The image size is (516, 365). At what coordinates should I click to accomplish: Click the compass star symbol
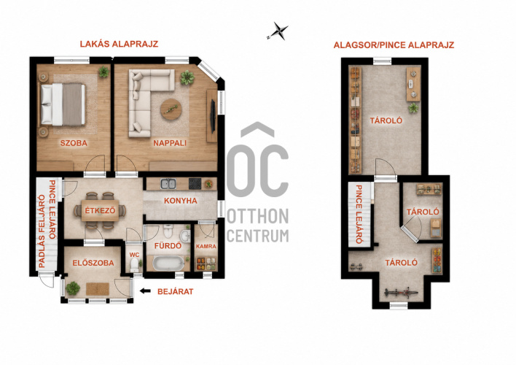[278, 31]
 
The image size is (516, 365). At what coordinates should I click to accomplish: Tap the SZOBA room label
[74, 143]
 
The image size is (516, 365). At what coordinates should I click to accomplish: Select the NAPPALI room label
[170, 143]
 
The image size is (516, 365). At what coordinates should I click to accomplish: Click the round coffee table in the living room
[171, 109]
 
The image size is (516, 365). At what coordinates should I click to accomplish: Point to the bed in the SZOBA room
[63, 104]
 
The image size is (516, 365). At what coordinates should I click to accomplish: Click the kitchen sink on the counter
[168, 184]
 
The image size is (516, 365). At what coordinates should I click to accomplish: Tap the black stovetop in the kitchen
[195, 184]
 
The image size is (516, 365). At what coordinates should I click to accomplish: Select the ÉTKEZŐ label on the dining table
[100, 210]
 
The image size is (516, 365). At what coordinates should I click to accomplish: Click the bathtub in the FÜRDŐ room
[168, 264]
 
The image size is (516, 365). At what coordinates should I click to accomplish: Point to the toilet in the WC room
[134, 265]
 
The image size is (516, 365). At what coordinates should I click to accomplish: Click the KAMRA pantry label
[206, 246]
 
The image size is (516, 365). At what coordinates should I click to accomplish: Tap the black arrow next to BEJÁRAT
[145, 291]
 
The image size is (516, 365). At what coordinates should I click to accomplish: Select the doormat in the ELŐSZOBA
[98, 289]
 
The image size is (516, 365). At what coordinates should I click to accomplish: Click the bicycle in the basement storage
[401, 293]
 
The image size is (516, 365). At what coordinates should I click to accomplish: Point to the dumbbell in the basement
[356, 266]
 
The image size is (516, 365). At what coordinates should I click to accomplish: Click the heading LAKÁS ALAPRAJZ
[119, 44]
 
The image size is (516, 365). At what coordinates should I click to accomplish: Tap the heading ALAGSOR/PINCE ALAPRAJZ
[394, 45]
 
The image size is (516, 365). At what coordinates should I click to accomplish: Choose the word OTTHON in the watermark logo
[258, 216]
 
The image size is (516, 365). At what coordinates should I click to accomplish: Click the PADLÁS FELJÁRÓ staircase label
[42, 231]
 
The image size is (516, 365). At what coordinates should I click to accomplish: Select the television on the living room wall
[213, 116]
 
